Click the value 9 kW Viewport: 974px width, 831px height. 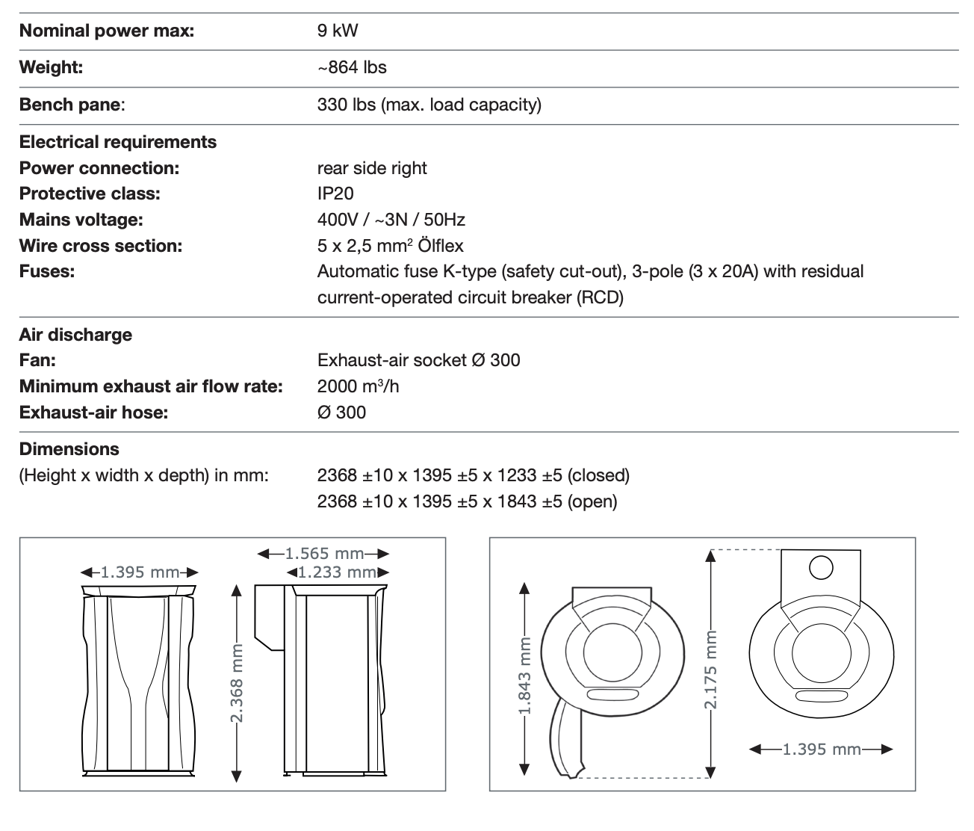click(338, 31)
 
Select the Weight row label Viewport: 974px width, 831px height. click(51, 67)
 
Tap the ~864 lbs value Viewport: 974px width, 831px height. click(352, 67)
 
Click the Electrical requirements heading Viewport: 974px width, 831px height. click(118, 142)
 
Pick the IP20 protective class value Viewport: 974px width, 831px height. click(335, 194)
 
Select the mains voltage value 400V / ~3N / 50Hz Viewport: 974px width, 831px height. click(391, 220)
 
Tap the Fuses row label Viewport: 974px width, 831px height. click(47, 271)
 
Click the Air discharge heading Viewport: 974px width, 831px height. click(75, 335)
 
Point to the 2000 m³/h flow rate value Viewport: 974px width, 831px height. click(358, 386)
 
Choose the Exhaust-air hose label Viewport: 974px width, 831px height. click(93, 413)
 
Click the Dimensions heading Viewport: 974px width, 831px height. click(69, 449)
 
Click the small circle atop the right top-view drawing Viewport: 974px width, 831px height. click(820, 568)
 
